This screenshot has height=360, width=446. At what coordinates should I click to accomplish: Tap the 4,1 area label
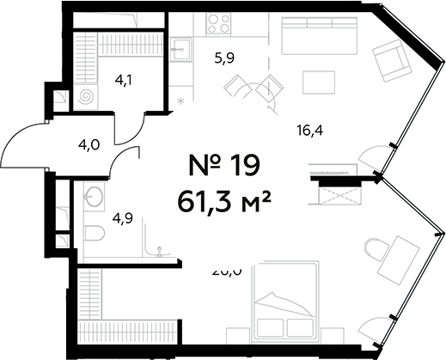[125, 83]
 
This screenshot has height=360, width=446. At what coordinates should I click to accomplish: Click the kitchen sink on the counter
[180, 49]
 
